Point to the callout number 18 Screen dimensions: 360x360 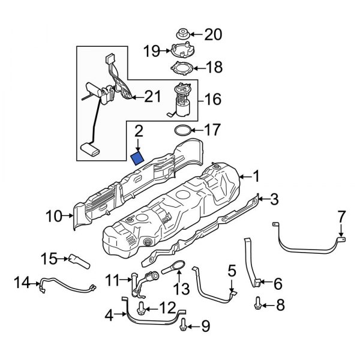[x=215, y=67]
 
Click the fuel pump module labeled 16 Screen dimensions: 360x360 [x=181, y=99]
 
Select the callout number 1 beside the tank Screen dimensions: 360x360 [x=256, y=176]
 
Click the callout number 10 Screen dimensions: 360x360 [x=53, y=215]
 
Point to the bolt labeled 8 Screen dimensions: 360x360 [x=259, y=305]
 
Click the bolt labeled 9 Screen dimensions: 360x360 [x=184, y=326]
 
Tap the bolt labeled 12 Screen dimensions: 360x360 [x=140, y=308]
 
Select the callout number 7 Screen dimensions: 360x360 [x=341, y=215]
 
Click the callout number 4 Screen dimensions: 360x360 [x=108, y=314]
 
